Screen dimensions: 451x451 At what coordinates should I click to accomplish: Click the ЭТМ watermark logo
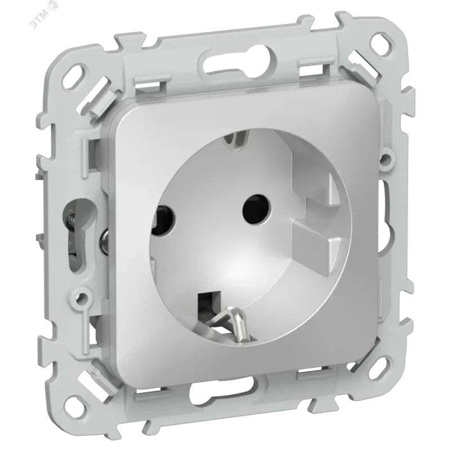pos(43,17)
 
